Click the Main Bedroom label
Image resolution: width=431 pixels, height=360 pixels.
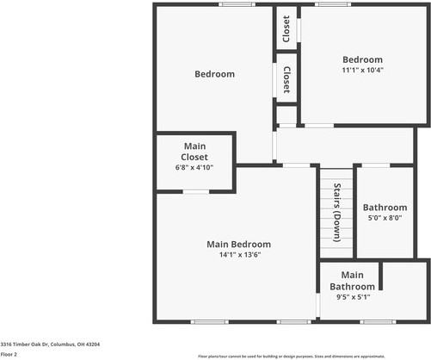[x=238, y=244]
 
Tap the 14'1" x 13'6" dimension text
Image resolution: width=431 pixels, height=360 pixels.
[x=238, y=254]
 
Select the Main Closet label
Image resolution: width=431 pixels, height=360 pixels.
[x=194, y=152]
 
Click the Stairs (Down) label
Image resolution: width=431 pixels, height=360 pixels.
[x=336, y=214]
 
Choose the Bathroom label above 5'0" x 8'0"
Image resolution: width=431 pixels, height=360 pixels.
[x=385, y=208]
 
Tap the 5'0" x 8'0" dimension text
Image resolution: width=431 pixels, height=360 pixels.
[x=385, y=219]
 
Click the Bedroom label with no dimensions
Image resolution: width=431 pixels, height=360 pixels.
[x=214, y=74]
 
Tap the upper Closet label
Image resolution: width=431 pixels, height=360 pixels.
[x=286, y=29]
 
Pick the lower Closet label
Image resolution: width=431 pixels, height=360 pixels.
[x=286, y=80]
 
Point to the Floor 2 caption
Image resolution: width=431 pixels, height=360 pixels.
[x=9, y=353]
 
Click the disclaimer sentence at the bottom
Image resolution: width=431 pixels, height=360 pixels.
[x=292, y=355]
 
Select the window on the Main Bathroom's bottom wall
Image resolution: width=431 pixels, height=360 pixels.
[x=373, y=322]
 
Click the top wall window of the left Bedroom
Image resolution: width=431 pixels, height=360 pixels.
[x=236, y=4]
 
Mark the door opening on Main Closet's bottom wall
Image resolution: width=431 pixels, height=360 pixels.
[x=196, y=190]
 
